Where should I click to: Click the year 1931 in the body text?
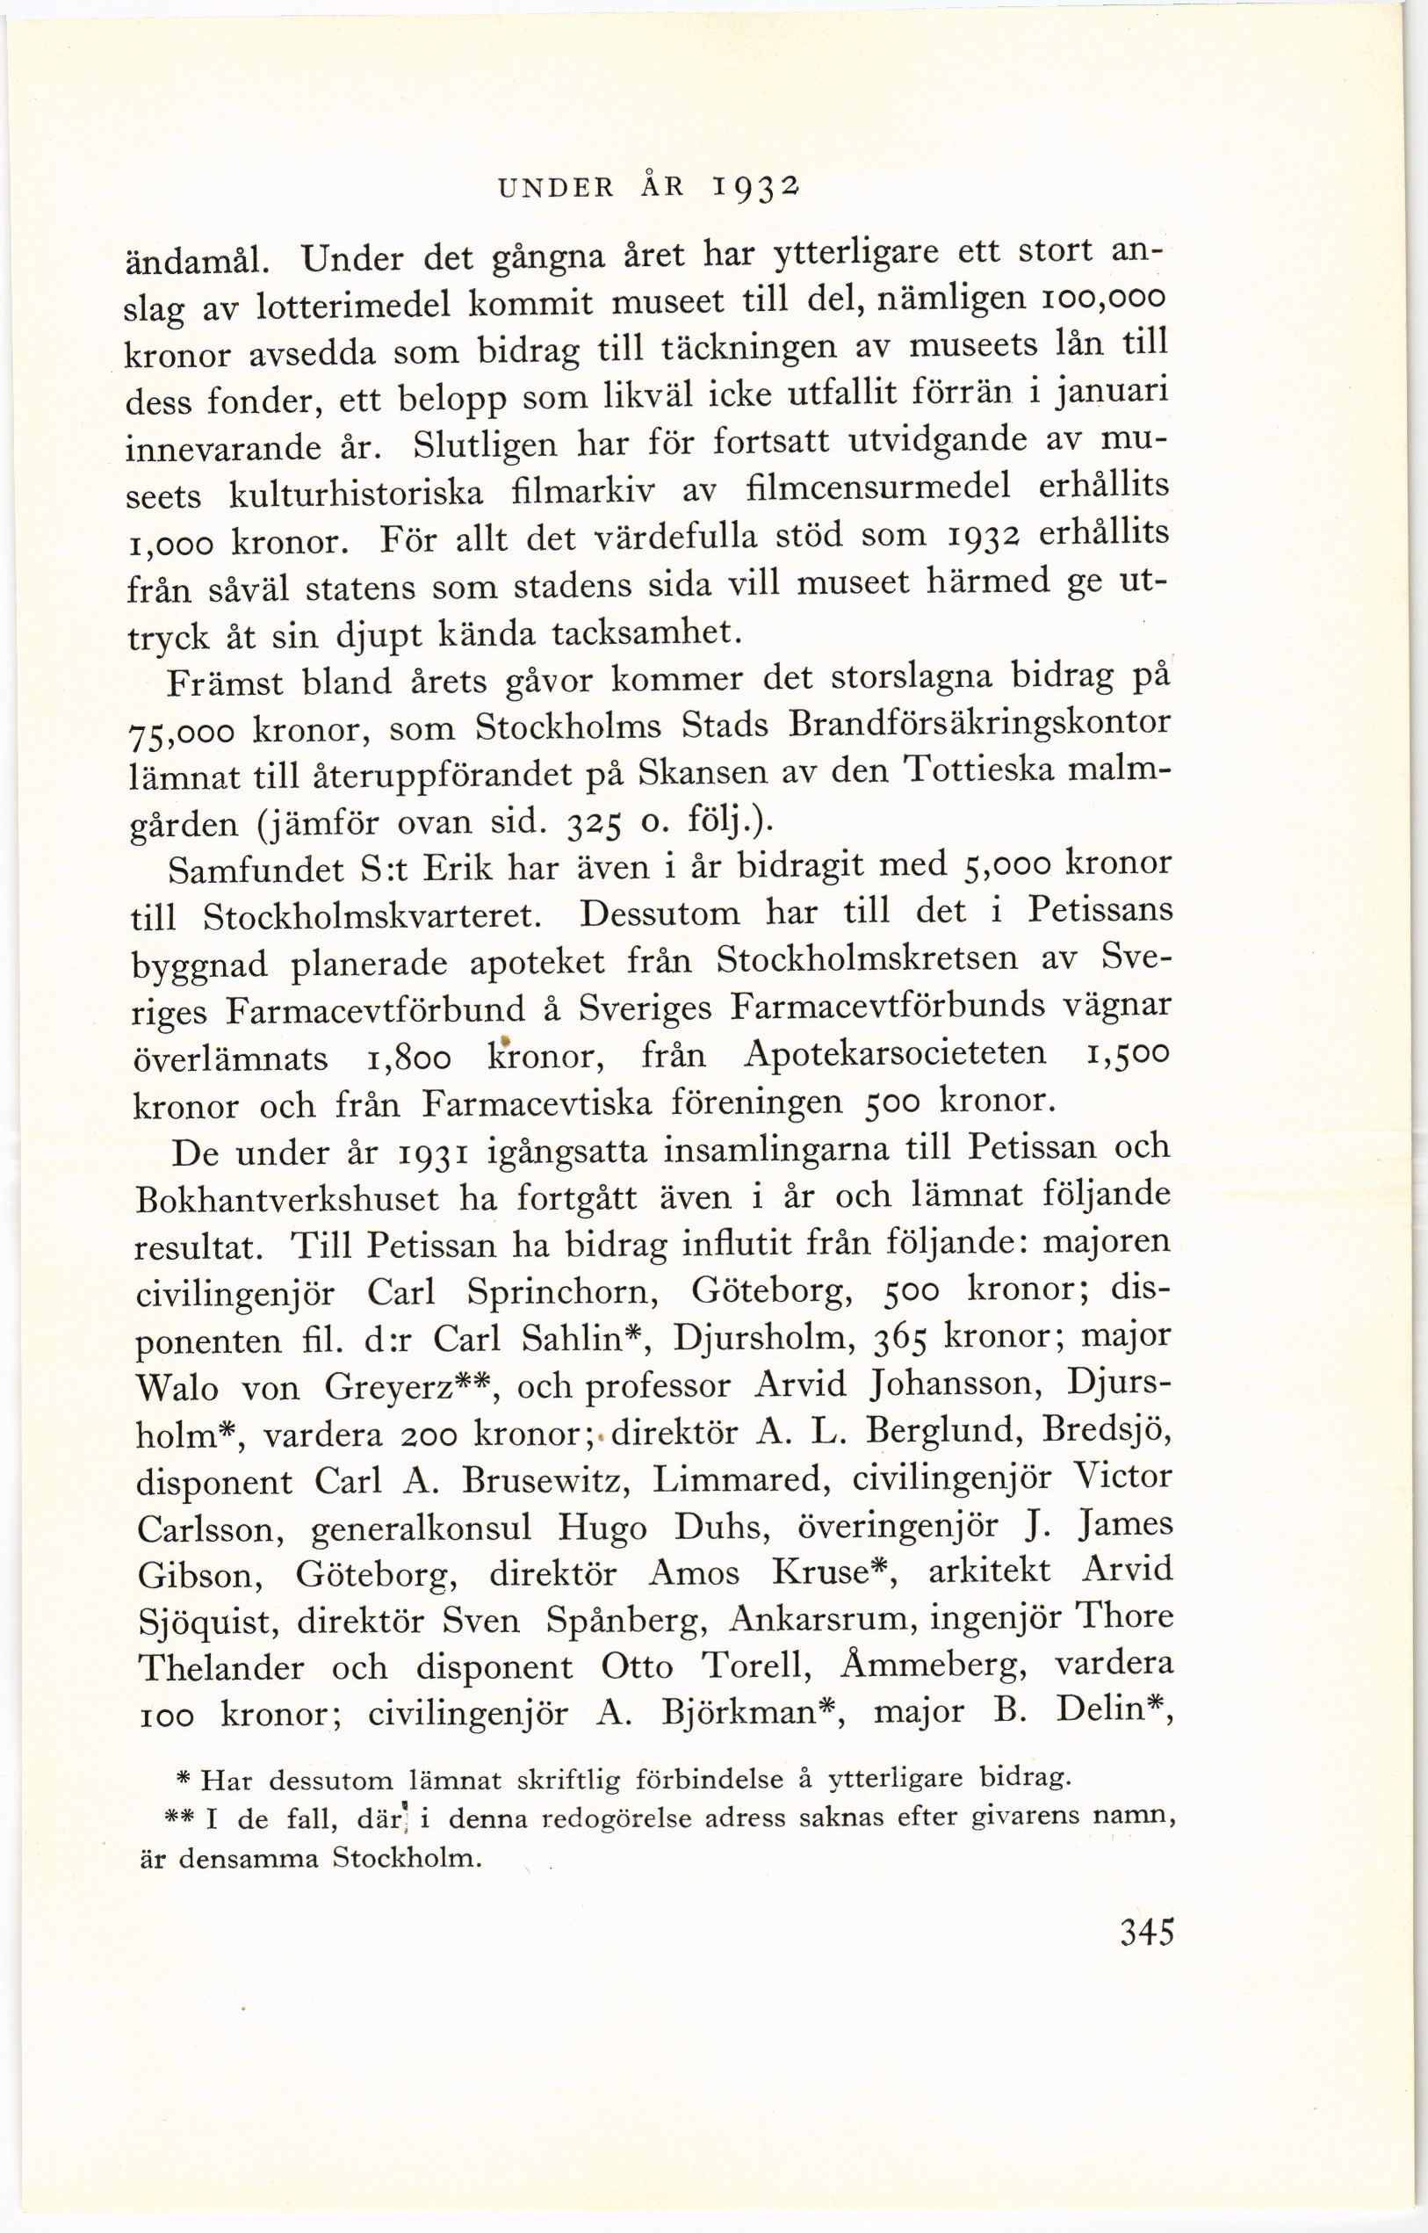click(425, 1153)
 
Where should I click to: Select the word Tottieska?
click(982, 772)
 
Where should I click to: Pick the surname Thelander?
click(220, 1669)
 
